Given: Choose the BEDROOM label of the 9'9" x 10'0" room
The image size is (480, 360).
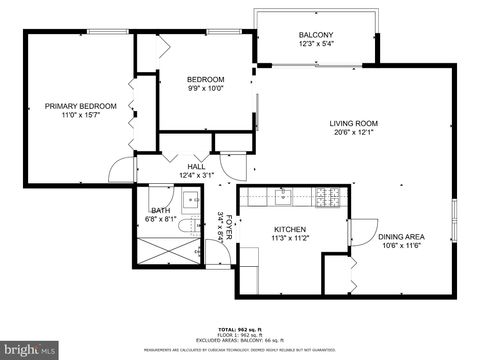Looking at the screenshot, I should [x=206, y=79].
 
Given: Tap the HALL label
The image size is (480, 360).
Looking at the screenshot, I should [x=196, y=167].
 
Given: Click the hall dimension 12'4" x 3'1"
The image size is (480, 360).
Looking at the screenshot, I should [x=196, y=176].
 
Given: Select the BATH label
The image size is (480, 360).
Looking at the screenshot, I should [x=160, y=210].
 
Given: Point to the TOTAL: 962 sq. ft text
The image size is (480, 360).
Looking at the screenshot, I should [x=240, y=329].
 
